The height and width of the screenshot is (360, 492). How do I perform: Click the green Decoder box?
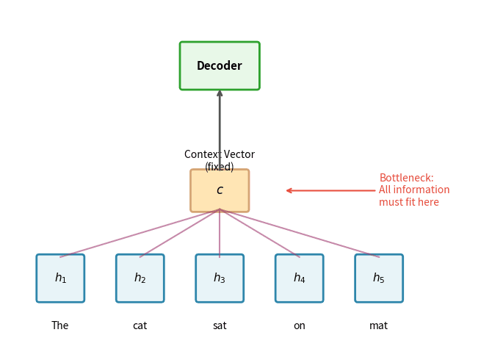click(220, 66)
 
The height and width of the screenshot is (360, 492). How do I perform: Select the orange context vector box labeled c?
click(220, 191)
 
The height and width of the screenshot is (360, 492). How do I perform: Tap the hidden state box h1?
click(60, 278)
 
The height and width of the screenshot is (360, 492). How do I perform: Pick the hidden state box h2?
click(140, 278)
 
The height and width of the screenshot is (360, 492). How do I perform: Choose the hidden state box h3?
click(220, 278)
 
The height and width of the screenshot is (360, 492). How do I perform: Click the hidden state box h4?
click(299, 278)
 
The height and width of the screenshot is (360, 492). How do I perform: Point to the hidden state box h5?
click(379, 278)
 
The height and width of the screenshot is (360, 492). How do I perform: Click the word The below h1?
click(60, 326)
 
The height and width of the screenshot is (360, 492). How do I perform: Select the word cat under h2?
click(140, 326)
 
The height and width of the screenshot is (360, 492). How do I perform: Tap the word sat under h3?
click(220, 326)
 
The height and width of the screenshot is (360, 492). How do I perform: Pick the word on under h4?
click(299, 326)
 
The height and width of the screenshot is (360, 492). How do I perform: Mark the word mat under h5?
click(379, 326)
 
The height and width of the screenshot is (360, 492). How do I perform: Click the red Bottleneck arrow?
click(330, 191)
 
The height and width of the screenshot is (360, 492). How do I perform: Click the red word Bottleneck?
click(406, 179)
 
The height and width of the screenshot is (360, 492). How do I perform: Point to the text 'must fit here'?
click(408, 203)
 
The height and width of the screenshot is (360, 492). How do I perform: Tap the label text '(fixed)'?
click(220, 167)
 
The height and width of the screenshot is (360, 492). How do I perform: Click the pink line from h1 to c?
click(140, 233)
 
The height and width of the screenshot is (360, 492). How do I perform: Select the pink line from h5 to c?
click(300, 233)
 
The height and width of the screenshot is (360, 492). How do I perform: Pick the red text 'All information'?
click(414, 190)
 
